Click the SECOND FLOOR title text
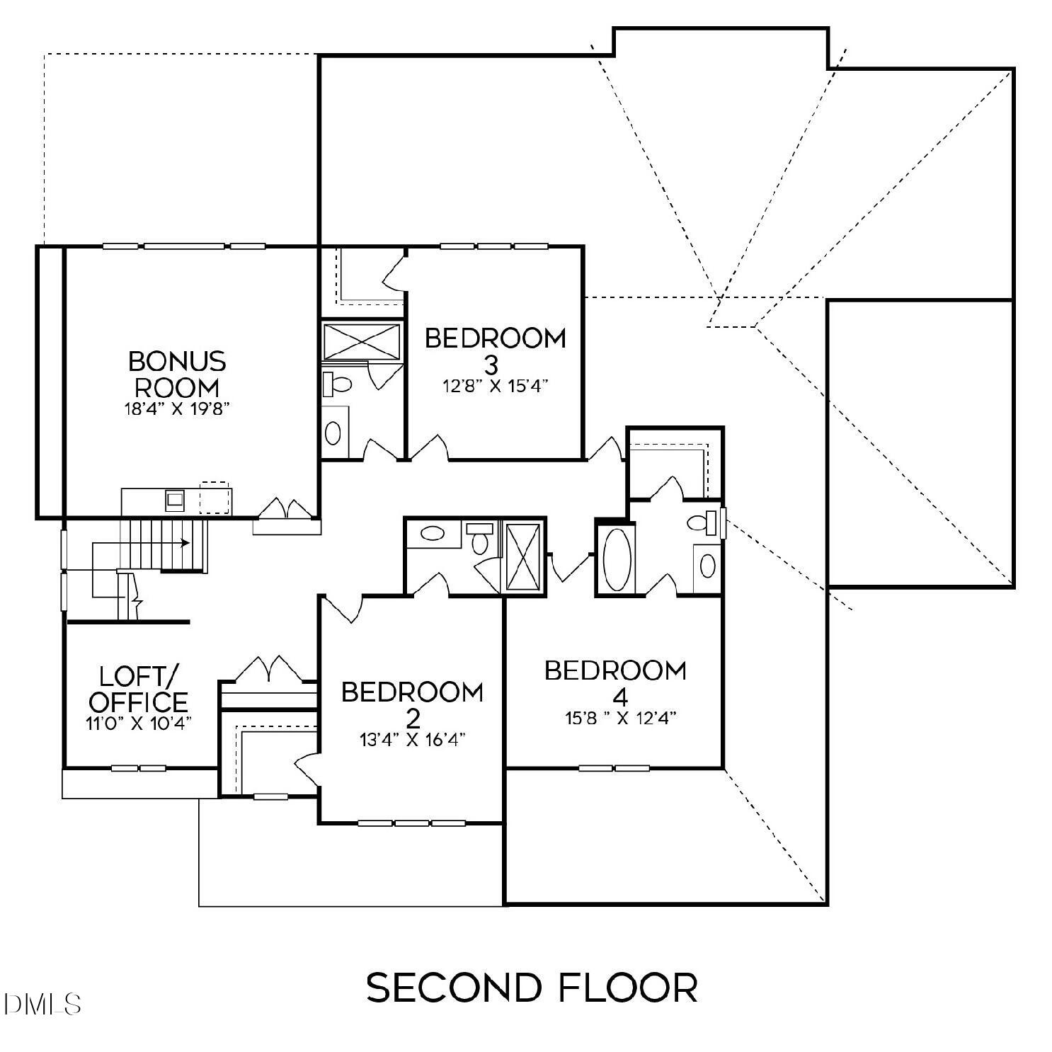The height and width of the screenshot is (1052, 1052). click(x=532, y=987)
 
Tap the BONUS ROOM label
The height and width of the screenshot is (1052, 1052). click(x=177, y=375)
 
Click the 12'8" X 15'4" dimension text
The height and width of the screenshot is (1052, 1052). click(x=495, y=386)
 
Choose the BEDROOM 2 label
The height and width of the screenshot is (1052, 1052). click(x=412, y=704)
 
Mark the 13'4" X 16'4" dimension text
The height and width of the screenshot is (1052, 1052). click(x=412, y=740)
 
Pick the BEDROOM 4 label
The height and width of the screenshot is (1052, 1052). click(x=615, y=682)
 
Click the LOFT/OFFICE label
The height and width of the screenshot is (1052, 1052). click(x=139, y=689)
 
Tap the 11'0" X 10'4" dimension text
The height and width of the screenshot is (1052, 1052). click(x=139, y=724)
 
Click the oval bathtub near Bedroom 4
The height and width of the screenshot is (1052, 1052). click(x=615, y=559)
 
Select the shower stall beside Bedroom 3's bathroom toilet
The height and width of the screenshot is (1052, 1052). click(x=362, y=341)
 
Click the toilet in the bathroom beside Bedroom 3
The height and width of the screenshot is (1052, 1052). click(x=338, y=384)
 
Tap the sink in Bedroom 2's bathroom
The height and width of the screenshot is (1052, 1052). click(x=431, y=533)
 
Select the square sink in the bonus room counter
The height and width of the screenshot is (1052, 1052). click(x=175, y=500)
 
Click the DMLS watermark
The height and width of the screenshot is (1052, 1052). click(x=42, y=1003)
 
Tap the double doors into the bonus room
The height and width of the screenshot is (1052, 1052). click(x=287, y=510)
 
